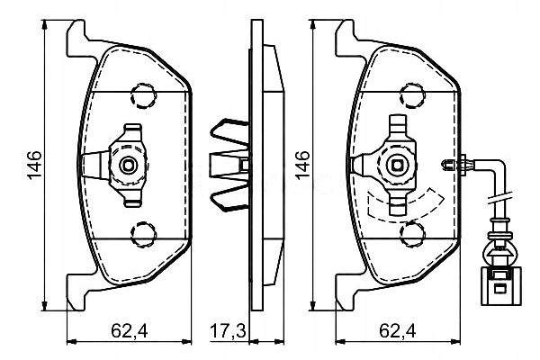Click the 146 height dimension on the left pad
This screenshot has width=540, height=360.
click(x=35, y=165)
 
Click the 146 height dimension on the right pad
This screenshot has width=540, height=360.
click(x=302, y=165)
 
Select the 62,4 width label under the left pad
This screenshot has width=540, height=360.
click(x=129, y=331)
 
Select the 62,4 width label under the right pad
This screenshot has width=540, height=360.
click(x=398, y=331)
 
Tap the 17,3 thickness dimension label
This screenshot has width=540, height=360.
click(x=228, y=331)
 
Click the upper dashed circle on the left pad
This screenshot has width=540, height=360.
click(x=143, y=95)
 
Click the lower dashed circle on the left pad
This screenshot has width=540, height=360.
click(x=143, y=234)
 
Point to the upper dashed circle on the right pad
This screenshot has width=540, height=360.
click(x=412, y=95)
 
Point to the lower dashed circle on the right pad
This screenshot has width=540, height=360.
click(x=412, y=234)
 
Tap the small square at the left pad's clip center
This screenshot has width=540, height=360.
click(x=128, y=166)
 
